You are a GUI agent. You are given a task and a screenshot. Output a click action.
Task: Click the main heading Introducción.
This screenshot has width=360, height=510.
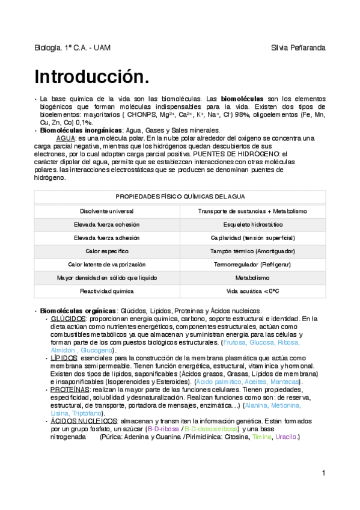pyautogui.click(x=91, y=77)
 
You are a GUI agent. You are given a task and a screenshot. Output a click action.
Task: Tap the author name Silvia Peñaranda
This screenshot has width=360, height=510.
pyautogui.click(x=299, y=48)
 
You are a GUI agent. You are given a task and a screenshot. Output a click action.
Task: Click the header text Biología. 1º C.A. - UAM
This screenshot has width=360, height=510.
pyautogui.click(x=72, y=48)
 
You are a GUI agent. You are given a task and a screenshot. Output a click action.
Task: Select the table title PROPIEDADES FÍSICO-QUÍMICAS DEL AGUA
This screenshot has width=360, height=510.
pyautogui.click(x=180, y=197)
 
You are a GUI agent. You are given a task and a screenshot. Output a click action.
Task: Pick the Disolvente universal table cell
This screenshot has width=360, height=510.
pyautogui.click(x=107, y=211)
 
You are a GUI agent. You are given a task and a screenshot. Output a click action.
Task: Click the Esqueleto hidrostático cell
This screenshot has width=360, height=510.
pyautogui.click(x=252, y=224)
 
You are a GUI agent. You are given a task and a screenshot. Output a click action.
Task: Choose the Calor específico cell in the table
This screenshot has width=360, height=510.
pyautogui.click(x=107, y=251)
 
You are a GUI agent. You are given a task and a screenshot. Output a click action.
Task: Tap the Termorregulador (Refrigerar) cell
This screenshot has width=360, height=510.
pyautogui.click(x=252, y=265)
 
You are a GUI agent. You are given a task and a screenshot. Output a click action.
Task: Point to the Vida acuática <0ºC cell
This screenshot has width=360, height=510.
pyautogui.click(x=252, y=291)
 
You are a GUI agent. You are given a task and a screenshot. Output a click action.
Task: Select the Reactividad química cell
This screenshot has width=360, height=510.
pyautogui.click(x=107, y=291)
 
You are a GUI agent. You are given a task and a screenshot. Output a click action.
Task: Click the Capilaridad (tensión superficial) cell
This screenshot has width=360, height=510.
pyautogui.click(x=252, y=238)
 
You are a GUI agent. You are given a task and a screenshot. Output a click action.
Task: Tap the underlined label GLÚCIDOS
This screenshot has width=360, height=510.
pyautogui.click(x=69, y=318)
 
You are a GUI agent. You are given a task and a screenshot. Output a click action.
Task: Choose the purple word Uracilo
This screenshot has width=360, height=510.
pyautogui.click(x=285, y=437)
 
